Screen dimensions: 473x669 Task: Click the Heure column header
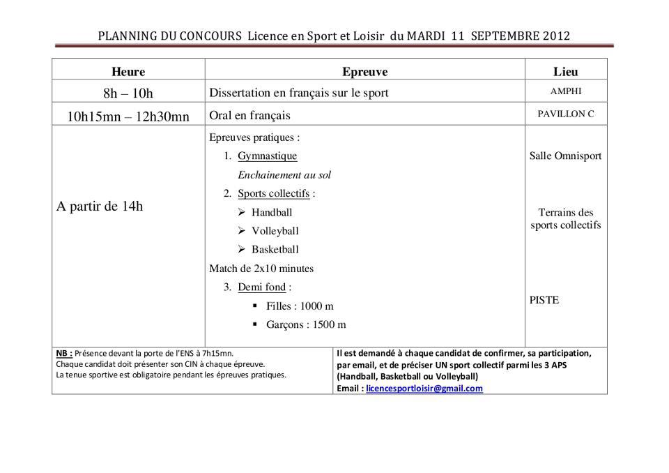coord(128,71)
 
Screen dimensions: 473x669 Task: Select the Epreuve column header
coord(364,71)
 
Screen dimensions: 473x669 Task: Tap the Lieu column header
coord(565,71)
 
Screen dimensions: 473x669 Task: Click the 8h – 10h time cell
coord(128,93)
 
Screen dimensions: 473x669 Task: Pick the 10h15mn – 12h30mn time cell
coord(128,116)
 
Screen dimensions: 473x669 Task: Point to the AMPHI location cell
coord(565,91)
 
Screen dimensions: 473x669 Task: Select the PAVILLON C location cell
coord(565,114)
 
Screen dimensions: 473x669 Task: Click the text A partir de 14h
coord(100,206)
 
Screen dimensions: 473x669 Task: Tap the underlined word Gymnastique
coord(267,156)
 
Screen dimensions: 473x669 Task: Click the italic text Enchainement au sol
coord(284,174)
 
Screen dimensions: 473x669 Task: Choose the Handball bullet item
coord(272,212)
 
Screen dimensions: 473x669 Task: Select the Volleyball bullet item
coord(275,231)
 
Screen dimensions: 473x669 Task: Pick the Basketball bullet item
coord(275,249)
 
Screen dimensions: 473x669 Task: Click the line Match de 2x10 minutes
coord(261,268)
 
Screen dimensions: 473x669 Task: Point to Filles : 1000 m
coord(300,306)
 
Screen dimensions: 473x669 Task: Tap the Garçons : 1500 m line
coord(306,324)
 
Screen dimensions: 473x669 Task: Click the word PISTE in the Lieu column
coord(544,300)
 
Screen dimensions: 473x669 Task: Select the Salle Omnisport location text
coord(565,156)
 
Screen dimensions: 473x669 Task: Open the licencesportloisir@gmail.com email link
coord(424,389)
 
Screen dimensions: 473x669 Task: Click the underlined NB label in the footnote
coord(63,353)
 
